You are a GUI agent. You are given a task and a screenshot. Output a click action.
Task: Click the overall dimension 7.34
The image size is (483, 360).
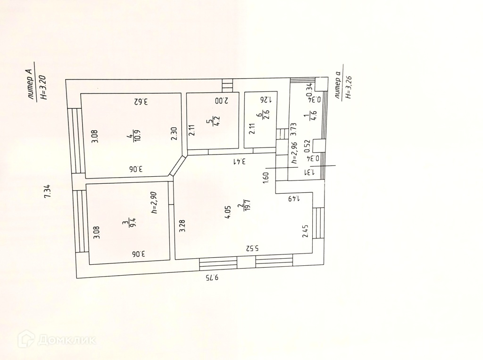47,191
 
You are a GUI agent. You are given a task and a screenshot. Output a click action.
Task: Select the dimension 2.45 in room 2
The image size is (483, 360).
305,231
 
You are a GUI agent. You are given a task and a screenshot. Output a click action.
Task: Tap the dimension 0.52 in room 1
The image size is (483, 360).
307,146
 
